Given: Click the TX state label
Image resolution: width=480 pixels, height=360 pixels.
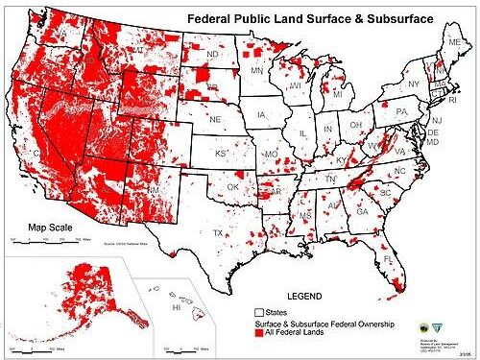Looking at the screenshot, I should [x=218, y=233].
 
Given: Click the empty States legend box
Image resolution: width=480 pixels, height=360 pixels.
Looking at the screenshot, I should [x=258, y=312].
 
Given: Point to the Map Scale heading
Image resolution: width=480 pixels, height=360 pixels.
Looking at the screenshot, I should [x=49, y=228].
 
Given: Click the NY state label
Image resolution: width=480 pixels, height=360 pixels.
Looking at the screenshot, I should [x=414, y=84].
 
